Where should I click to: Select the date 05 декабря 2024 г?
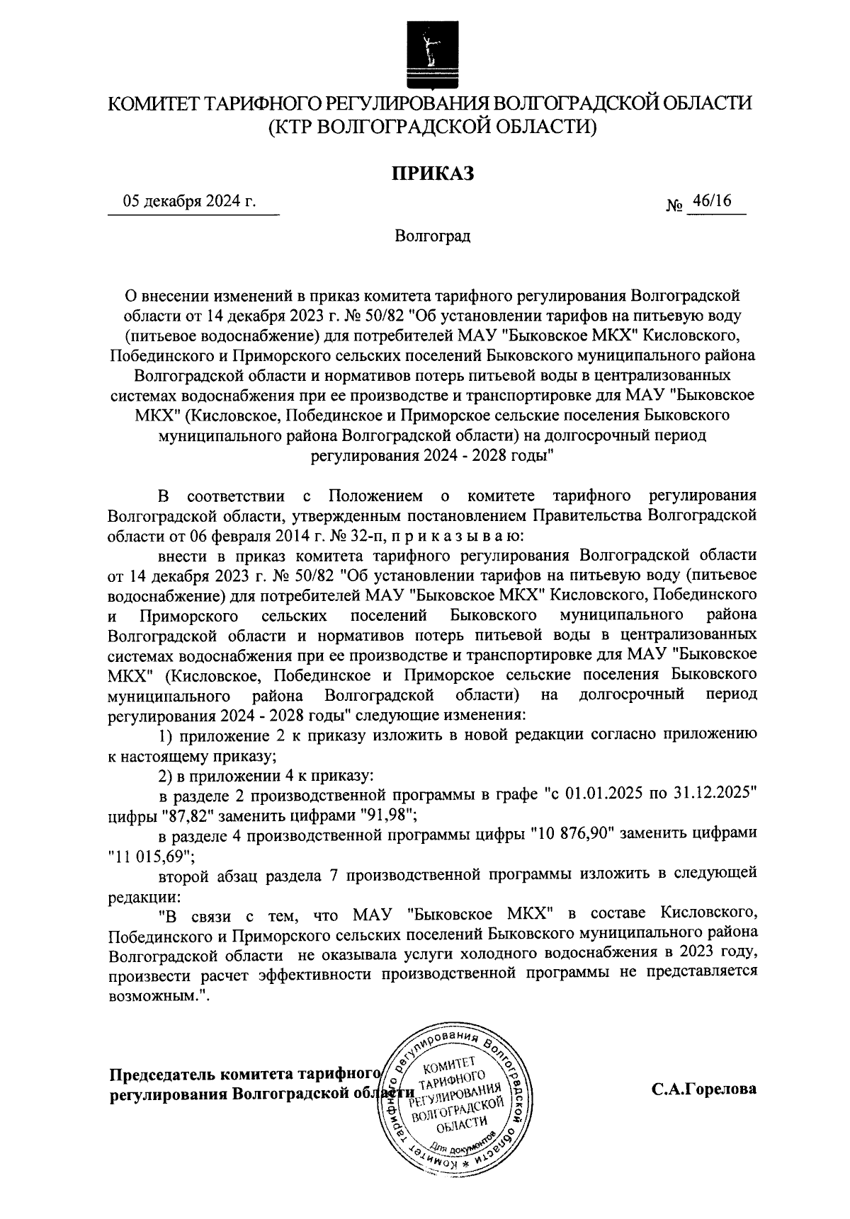[x=189, y=202]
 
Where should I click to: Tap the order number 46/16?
[x=712, y=201]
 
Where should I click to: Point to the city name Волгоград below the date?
[x=432, y=235]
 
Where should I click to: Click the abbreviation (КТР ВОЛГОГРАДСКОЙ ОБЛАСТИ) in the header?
[x=432, y=127]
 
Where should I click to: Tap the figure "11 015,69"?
[x=149, y=856]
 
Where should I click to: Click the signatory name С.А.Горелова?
[x=703, y=1089]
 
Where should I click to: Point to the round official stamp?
[x=455, y=1104]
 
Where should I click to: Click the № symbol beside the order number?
[x=674, y=206]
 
